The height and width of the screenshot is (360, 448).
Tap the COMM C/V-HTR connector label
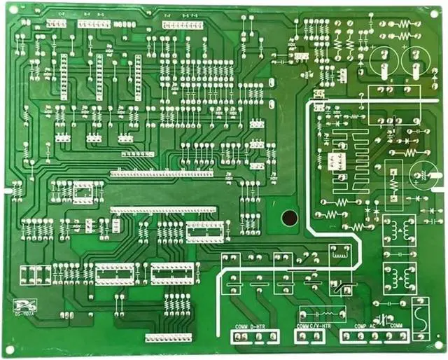click(x=313, y=326)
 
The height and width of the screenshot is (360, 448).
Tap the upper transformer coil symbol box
click(x=399, y=231)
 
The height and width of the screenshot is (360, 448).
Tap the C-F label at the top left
click(x=61, y=14)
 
